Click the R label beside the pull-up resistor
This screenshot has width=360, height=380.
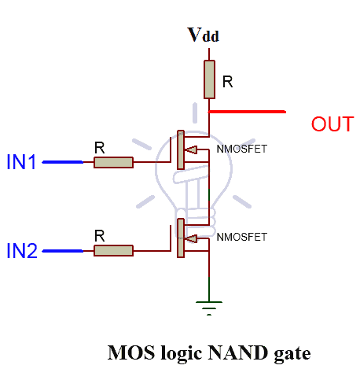[x=228, y=80]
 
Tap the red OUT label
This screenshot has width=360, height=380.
[x=332, y=124]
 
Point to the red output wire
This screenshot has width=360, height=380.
[x=248, y=112]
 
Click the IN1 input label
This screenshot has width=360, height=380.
[x=22, y=163]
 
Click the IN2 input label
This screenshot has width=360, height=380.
[x=22, y=251]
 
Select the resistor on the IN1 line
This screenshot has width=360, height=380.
[x=113, y=163]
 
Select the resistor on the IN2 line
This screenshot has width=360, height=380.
[x=113, y=251]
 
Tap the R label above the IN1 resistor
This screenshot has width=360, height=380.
[x=99, y=147]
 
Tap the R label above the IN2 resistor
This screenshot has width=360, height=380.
[x=99, y=235]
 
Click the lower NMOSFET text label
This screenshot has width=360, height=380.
[x=241, y=236]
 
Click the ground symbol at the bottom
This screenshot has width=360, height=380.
[x=209, y=308]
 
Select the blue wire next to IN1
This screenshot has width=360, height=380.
[x=61, y=163]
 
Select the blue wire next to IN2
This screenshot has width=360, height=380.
[x=61, y=251]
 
